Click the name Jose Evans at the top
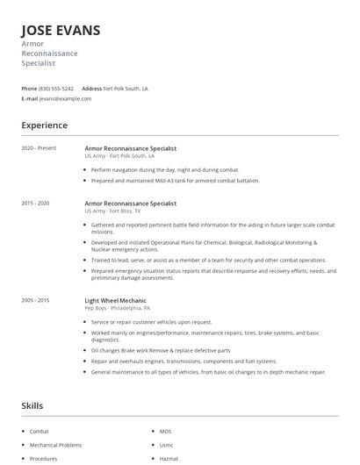coord(61,31)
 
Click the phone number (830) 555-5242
coord(56,89)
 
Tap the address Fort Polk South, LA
coord(126,89)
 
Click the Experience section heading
coord(44,125)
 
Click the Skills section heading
coord(32,405)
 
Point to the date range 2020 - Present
coord(39,148)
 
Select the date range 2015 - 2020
coord(35,203)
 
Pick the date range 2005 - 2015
coord(35,301)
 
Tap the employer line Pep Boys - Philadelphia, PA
coord(117,309)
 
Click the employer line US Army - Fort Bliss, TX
coord(119,211)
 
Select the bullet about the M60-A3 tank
coord(172,181)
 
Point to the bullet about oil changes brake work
coord(160,350)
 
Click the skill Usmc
coord(166,445)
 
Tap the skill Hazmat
coord(169,458)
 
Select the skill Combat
coord(40,432)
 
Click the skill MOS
coord(165,432)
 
